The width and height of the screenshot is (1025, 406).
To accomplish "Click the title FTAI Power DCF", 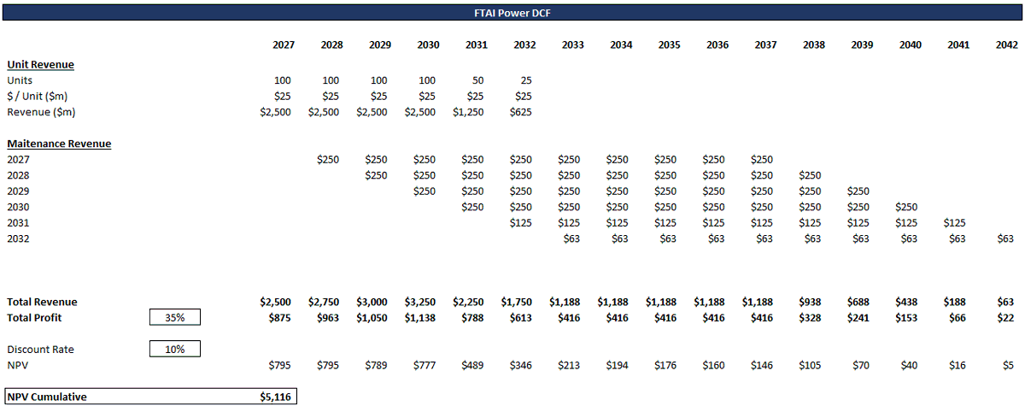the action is pos(512,13).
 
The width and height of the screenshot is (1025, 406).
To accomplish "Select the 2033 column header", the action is pos(572,44).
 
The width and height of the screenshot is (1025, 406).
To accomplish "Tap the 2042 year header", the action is pos(1007,44).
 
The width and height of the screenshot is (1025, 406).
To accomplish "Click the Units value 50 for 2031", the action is pos(477,80).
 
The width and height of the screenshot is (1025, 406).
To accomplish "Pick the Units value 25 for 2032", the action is pos(526,80).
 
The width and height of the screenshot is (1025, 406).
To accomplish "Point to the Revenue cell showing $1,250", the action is pos(468,112).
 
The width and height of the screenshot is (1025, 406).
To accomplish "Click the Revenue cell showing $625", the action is pos(521,112).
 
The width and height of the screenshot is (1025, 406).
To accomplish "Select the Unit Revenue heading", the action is pos(40,65).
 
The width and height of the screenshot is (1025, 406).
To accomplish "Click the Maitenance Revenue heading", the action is pos(59,144).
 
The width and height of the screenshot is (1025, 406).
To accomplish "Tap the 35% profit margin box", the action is pos(175,317).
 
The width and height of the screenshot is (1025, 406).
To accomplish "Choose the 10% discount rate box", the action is pos(175,349).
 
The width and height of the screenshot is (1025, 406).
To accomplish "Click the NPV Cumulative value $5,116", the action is pos(275,397).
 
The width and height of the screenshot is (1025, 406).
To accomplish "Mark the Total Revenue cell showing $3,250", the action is pos(420,302).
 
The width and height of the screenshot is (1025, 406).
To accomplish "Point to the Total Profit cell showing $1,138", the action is pos(420,318).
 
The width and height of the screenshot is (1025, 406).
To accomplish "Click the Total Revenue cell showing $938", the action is pos(810,302).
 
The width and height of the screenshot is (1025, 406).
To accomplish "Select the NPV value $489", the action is pos(472,365).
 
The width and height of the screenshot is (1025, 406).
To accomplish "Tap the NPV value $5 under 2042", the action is pos(1008,365).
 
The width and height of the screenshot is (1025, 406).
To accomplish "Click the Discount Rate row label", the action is pos(40,350).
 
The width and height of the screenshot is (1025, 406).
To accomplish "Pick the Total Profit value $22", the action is pos(1005,318).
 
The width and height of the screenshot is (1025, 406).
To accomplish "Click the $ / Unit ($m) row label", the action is pos(37,96).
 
